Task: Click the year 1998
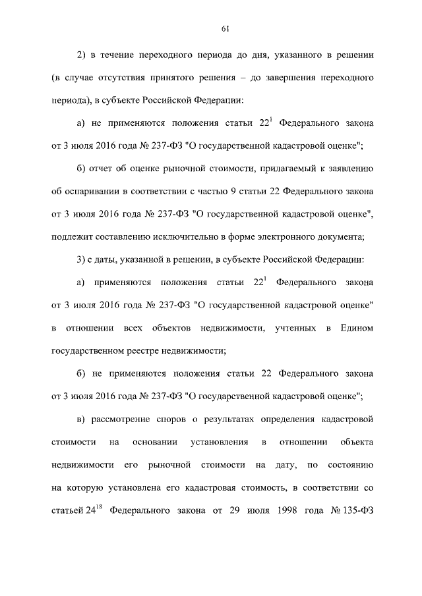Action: [290, 510]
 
